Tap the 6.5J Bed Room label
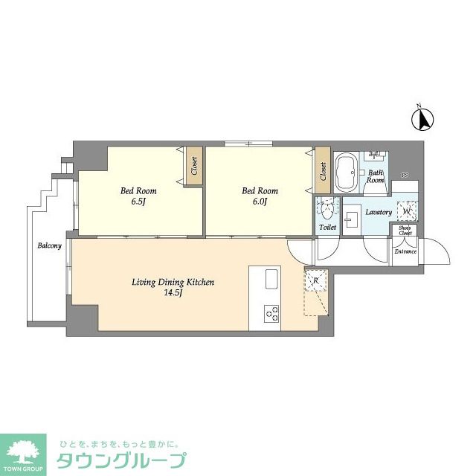tap(138, 196)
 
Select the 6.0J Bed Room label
tap(260, 196)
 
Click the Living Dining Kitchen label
tap(173, 286)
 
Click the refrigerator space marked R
tap(316, 281)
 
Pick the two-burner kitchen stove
tap(271, 313)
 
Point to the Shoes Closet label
tap(405, 231)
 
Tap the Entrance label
tap(405, 251)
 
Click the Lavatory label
tap(379, 213)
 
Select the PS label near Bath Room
tap(405, 176)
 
